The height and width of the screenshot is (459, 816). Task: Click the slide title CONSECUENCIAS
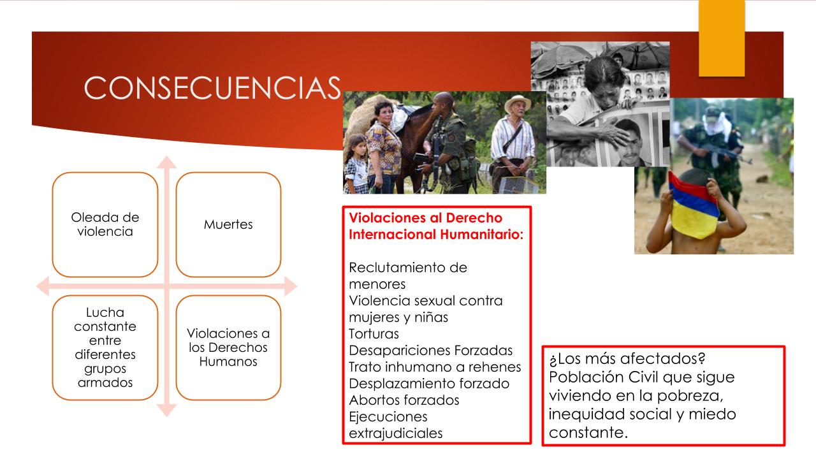212,88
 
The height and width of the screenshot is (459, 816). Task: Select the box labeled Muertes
228,224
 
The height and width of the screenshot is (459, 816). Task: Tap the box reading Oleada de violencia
105,224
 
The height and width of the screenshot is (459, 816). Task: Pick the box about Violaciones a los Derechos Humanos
228,347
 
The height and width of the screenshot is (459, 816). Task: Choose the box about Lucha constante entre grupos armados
105,347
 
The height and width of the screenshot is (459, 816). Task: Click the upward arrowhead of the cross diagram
167,162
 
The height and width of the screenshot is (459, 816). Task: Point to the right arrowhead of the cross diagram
291,286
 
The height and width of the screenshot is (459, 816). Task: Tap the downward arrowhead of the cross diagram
167,410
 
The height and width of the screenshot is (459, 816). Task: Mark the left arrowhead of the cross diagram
43,286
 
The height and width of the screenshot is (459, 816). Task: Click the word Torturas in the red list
374,333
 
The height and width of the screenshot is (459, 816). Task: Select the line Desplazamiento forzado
429,384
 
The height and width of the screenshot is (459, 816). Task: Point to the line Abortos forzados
404,400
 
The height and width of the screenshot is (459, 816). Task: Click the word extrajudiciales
396,433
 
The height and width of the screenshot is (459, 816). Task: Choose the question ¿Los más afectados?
627,359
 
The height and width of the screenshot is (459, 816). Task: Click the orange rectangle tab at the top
722,38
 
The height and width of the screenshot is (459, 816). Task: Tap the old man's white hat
517,103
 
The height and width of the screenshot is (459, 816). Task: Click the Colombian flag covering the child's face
693,206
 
